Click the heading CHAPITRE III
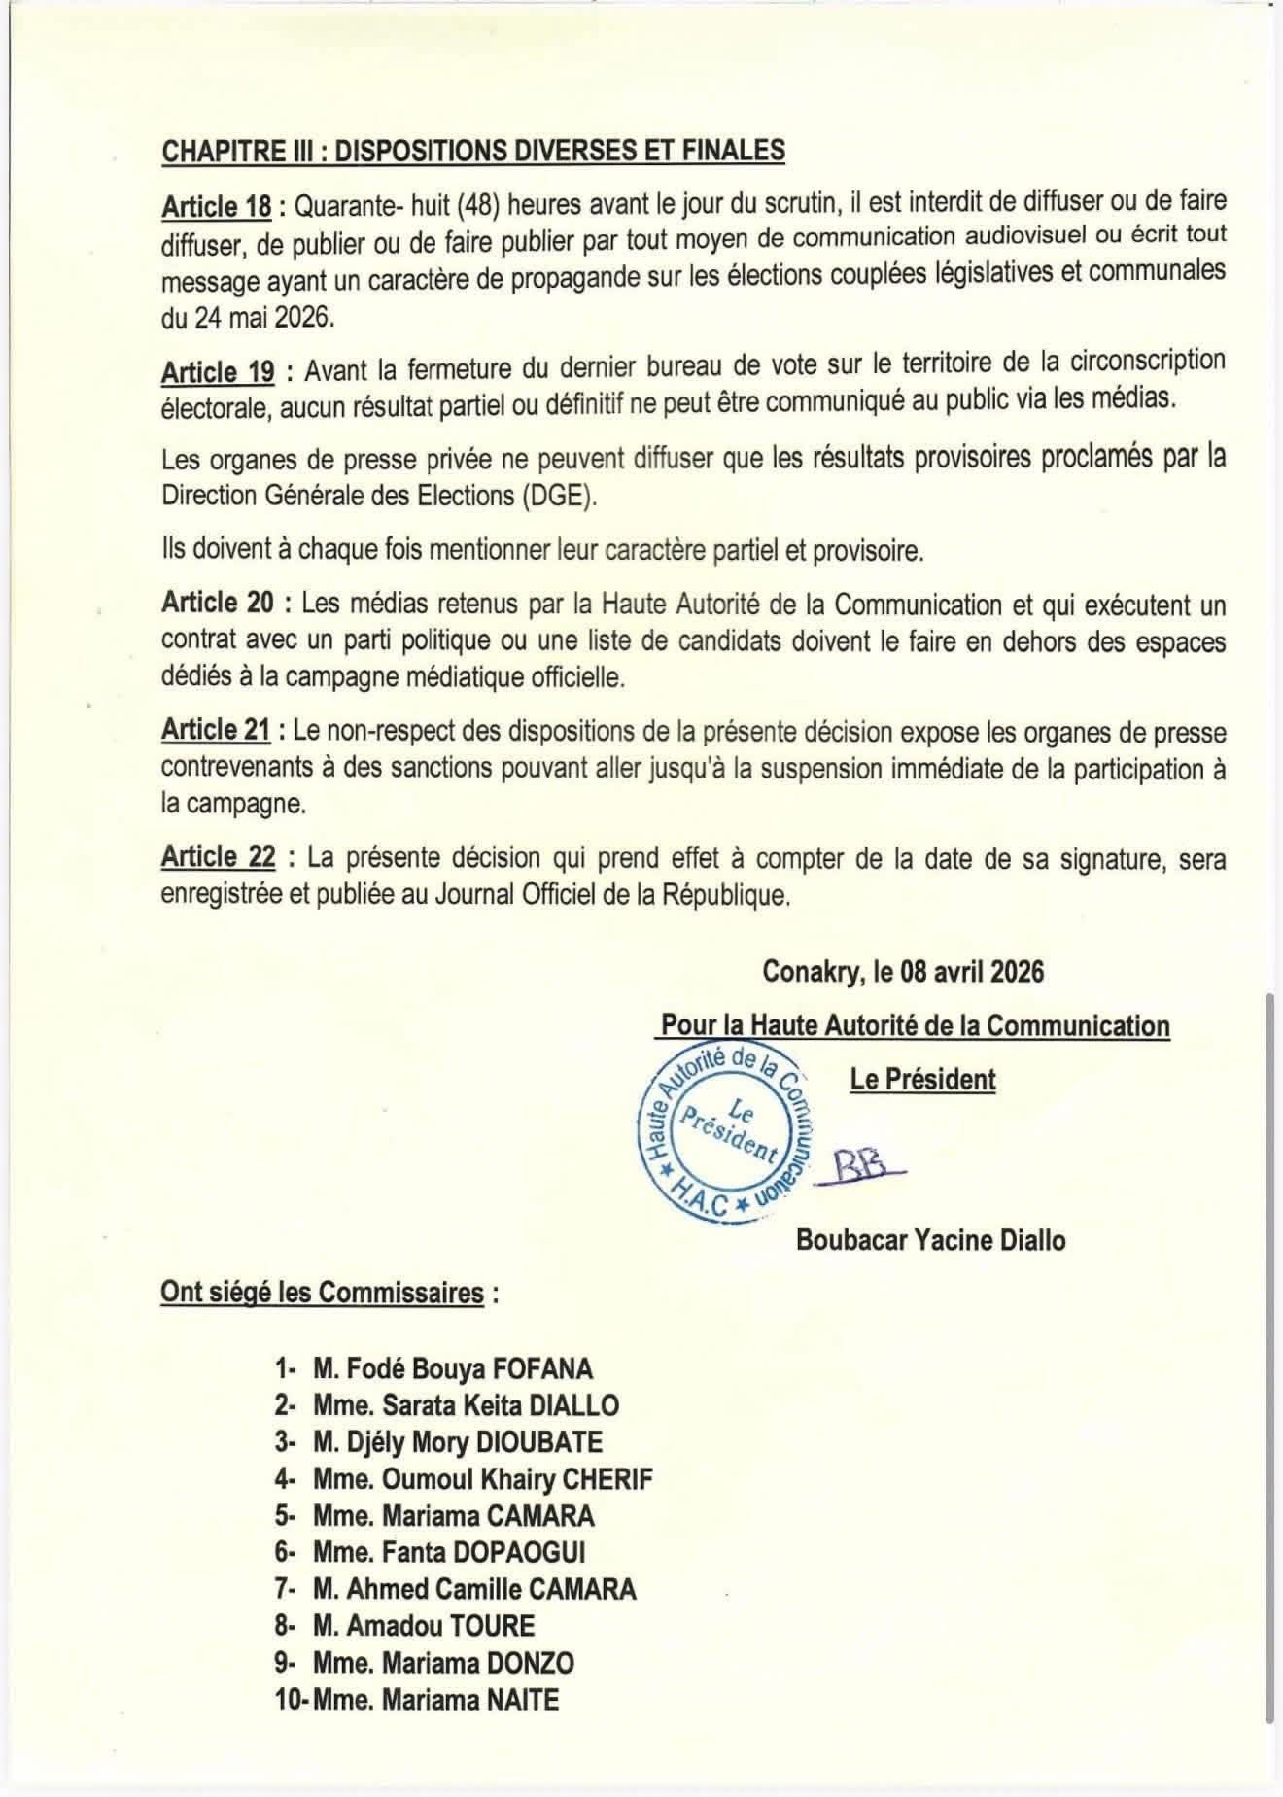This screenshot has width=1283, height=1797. coord(472,151)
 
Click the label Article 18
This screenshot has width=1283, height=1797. coord(216,206)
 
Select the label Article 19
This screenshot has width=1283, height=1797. coord(218,372)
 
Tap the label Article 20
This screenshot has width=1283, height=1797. coord(218,604)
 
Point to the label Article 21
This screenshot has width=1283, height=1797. coord(216,730)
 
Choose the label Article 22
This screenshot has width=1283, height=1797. coord(218,857)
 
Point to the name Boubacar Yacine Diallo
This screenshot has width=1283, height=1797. coord(930,1241)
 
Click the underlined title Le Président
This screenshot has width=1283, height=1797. coord(922,1080)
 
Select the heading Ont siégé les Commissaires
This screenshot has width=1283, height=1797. coord(322,1293)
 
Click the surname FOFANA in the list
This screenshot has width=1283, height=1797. coord(541,1369)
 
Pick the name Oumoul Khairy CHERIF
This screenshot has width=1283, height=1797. coord(516,1480)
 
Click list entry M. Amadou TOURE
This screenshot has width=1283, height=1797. coord(424,1626)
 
